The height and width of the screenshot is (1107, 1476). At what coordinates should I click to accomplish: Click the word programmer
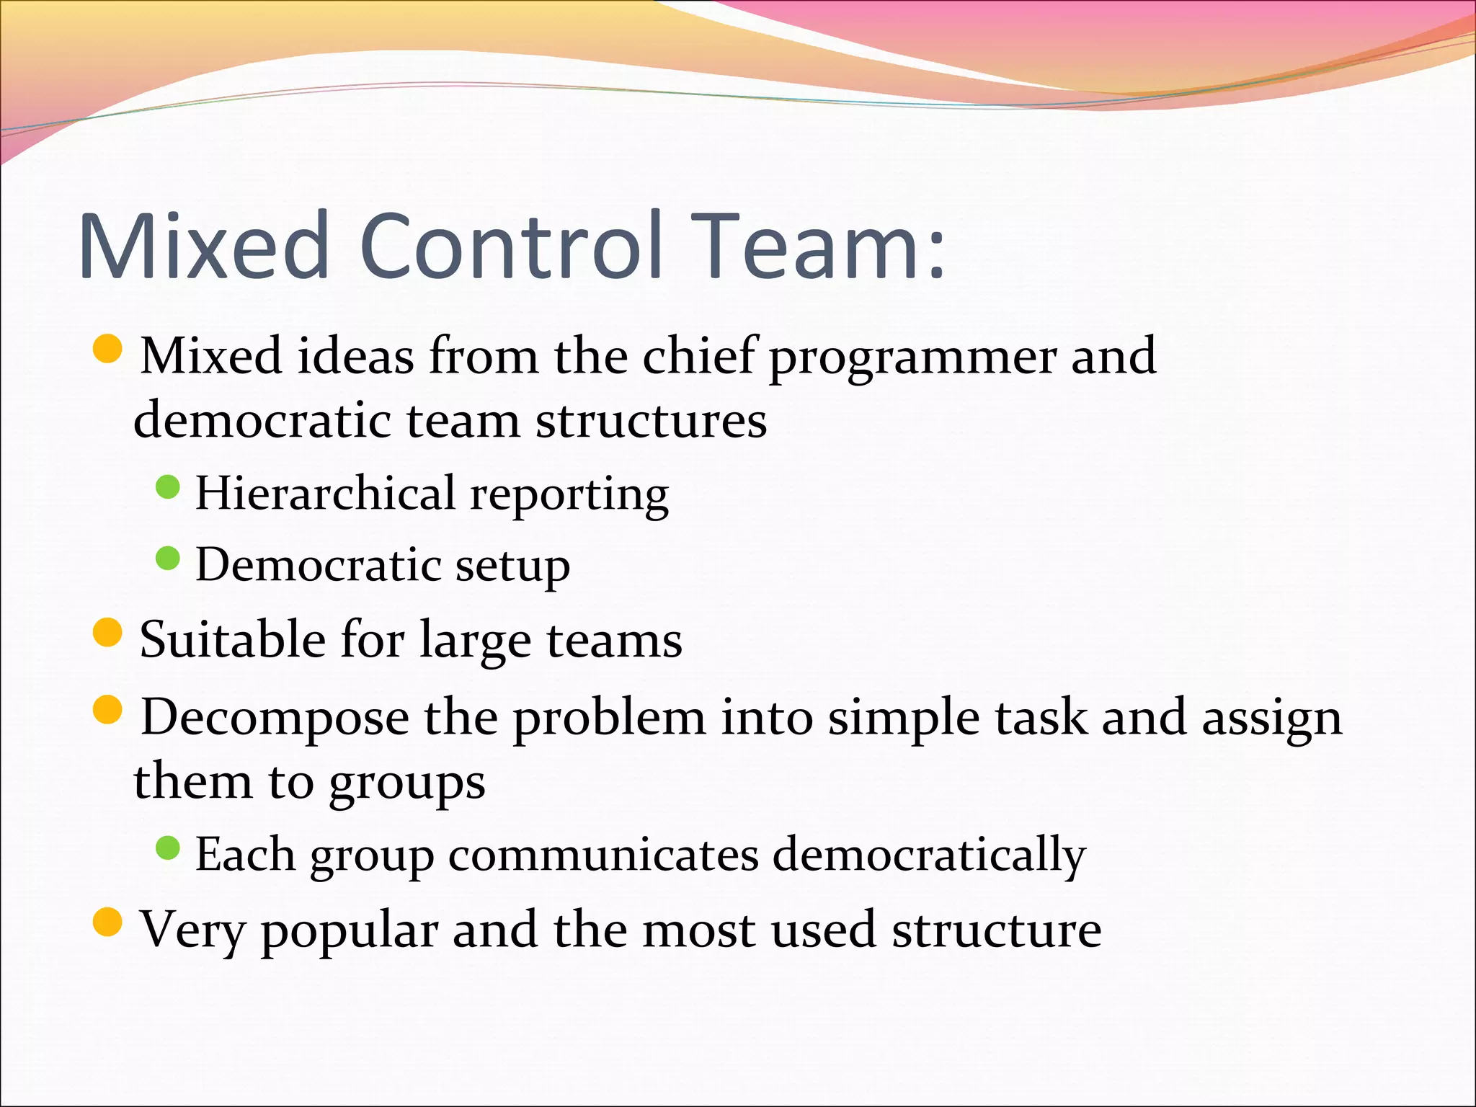click(912, 357)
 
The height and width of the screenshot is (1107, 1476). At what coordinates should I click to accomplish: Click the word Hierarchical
click(325, 494)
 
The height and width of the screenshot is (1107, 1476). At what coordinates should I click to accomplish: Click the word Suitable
click(232, 639)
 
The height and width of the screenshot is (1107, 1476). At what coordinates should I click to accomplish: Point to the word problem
click(609, 718)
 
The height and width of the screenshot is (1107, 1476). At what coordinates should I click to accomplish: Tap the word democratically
click(929, 855)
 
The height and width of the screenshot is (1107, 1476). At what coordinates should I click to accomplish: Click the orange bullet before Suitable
click(108, 633)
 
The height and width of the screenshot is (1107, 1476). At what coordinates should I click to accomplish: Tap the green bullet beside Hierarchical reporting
click(167, 487)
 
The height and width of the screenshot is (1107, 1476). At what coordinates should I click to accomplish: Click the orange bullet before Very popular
click(108, 922)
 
